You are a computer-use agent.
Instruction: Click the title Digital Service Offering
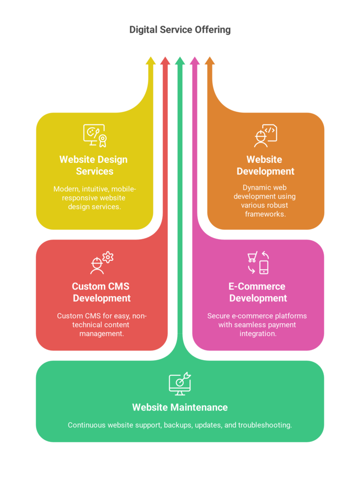pyautogui.click(x=180, y=30)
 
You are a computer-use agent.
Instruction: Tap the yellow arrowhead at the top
pyautogui.click(x=150, y=61)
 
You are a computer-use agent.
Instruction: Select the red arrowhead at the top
pyautogui.click(x=165, y=61)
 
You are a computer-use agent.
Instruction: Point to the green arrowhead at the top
pyautogui.click(x=180, y=61)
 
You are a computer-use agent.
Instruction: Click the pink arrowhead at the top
pyautogui.click(x=195, y=61)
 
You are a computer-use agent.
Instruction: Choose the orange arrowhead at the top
pyautogui.click(x=210, y=61)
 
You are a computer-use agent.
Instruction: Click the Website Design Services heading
pyautogui.click(x=94, y=165)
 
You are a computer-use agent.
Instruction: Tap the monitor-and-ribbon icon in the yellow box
pyautogui.click(x=94, y=135)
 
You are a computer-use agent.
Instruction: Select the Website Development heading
pyautogui.click(x=265, y=165)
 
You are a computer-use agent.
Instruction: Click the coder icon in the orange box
pyautogui.click(x=265, y=136)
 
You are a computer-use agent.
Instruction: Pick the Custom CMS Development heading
pyautogui.click(x=101, y=292)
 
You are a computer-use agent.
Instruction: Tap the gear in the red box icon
pyautogui.click(x=108, y=257)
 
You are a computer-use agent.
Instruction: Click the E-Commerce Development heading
pyautogui.click(x=258, y=292)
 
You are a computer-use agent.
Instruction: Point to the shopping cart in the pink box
pyautogui.click(x=252, y=257)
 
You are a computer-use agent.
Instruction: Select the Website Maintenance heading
pyautogui.click(x=180, y=407)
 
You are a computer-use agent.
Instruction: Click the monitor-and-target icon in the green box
pyautogui.click(x=180, y=383)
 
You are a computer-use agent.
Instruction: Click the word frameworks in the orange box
pyautogui.click(x=265, y=214)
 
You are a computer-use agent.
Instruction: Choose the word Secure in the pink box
pyautogui.click(x=219, y=316)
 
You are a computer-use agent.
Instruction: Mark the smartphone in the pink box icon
pyautogui.click(x=264, y=267)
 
